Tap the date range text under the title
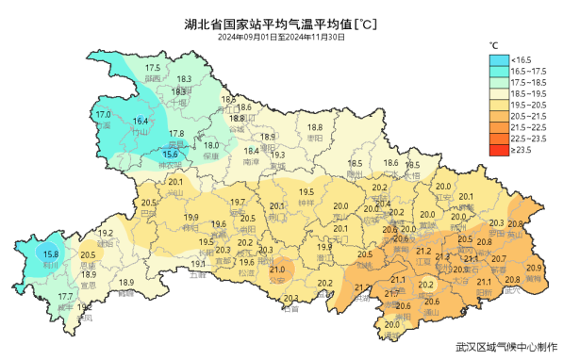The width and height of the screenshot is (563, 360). click(x=281, y=38)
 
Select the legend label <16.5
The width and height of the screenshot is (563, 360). click(x=521, y=59)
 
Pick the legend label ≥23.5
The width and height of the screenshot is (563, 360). click(x=521, y=149)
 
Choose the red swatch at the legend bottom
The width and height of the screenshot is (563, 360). click(x=497, y=149)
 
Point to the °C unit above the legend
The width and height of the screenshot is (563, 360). click(x=493, y=44)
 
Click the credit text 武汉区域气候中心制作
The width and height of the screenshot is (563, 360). click(x=499, y=347)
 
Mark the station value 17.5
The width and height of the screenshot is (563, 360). click(x=153, y=68)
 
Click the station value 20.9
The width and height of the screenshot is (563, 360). click(x=534, y=269)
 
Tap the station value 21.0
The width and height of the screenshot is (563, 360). click(x=276, y=270)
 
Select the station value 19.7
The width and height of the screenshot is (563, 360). click(x=238, y=203)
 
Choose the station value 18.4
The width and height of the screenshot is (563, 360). click(x=252, y=151)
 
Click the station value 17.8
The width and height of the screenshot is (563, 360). click(x=176, y=134)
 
